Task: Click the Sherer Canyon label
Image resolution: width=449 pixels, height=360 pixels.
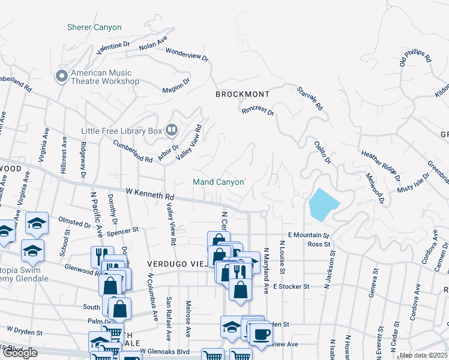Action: [94, 28]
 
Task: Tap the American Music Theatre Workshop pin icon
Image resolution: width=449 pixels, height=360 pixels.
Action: [61, 76]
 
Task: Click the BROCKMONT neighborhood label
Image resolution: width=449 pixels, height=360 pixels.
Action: [243, 95]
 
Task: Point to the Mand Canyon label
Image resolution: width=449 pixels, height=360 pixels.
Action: [218, 182]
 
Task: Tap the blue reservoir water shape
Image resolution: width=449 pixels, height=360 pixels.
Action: [323, 205]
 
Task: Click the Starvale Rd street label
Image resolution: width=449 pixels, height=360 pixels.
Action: [310, 99]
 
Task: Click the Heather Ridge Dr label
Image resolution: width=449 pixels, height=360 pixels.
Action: [380, 163]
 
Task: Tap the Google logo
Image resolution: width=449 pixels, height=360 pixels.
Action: [20, 353]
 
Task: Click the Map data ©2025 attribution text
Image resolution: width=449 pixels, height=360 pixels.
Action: [423, 355]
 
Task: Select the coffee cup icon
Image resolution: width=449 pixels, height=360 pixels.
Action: [261, 334]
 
